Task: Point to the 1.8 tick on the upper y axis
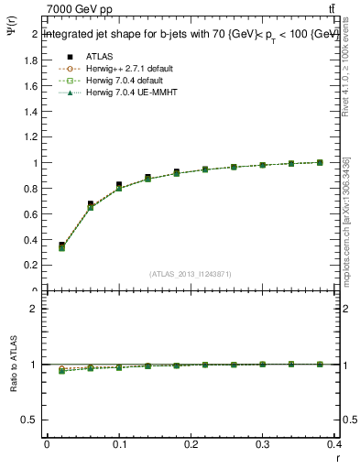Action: [32, 60]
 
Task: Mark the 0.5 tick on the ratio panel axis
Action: [32, 420]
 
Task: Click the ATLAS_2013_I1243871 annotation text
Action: [191, 273]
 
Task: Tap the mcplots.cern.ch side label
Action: [346, 220]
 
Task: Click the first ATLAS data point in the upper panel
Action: [61, 245]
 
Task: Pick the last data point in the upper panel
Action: [320, 162]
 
